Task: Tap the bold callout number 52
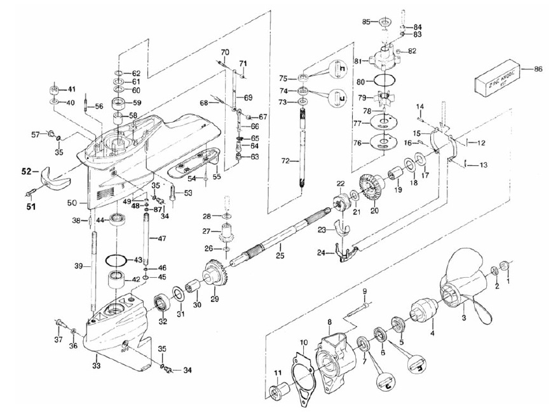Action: point(26,171)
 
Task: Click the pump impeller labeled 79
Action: point(383,100)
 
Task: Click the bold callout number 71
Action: point(242,62)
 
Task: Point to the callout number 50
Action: point(72,202)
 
